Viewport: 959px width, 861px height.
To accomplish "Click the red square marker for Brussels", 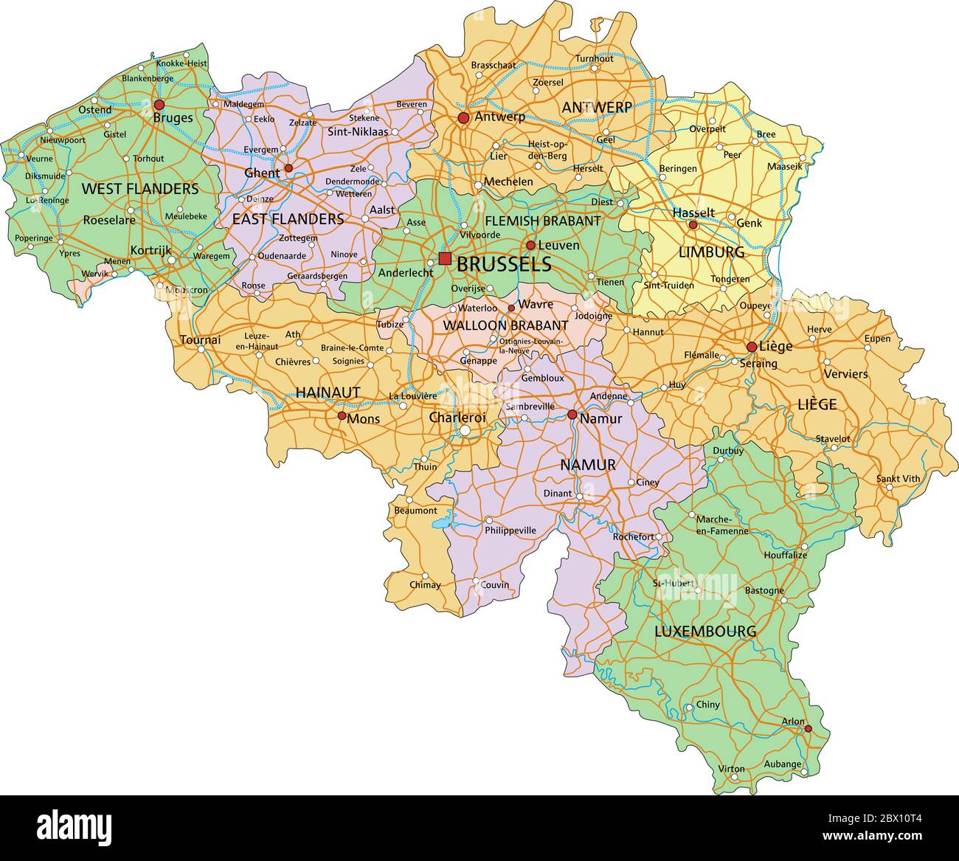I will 445,258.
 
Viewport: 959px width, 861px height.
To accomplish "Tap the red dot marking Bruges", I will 159,105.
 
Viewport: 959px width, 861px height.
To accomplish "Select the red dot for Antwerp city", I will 463,118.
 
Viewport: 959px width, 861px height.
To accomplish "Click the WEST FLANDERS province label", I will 139,189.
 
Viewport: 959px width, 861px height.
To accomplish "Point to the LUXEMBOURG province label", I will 705,632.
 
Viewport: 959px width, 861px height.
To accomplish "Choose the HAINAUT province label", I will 328,393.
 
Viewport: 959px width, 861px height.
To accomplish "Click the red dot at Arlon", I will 808,729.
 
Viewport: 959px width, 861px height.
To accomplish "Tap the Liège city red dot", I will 751,347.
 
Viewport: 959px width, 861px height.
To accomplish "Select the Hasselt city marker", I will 693,224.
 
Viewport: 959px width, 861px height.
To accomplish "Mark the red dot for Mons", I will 342,416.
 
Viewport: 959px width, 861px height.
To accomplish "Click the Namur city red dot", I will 572,415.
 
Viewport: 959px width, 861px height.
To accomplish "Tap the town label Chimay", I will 425,585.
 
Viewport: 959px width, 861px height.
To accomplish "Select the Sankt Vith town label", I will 898,479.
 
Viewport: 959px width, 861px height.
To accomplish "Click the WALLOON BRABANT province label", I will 505,325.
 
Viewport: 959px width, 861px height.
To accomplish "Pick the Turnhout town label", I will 594,59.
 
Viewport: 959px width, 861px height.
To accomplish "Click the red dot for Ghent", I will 288,168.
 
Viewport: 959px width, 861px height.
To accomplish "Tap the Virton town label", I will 731,769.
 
